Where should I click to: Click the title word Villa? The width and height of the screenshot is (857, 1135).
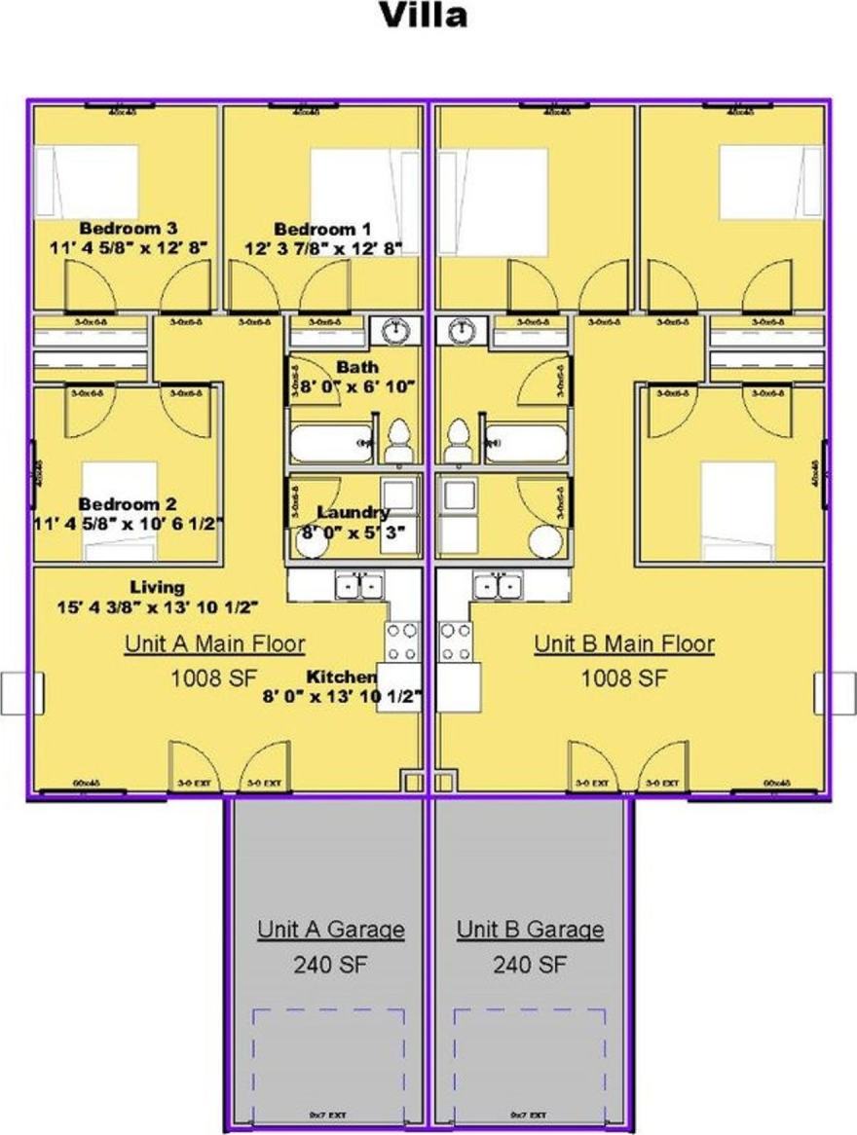423,16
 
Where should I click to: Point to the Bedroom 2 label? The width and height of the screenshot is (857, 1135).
128,504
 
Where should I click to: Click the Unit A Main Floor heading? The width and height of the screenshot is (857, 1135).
214,643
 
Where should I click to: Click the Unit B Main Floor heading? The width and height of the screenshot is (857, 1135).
624,643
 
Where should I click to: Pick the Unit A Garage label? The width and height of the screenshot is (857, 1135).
331,929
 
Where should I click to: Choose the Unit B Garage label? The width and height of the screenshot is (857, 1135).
530,929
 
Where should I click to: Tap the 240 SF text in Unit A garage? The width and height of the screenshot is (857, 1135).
331,965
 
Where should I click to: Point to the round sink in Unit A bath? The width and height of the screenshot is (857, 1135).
395,332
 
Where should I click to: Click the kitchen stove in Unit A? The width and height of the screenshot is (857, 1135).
402,641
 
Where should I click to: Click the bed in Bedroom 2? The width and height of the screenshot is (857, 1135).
119,510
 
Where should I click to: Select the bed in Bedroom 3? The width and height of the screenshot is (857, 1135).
87,181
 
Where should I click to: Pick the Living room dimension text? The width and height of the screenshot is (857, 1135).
157,606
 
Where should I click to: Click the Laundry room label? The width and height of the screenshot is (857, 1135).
354,512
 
